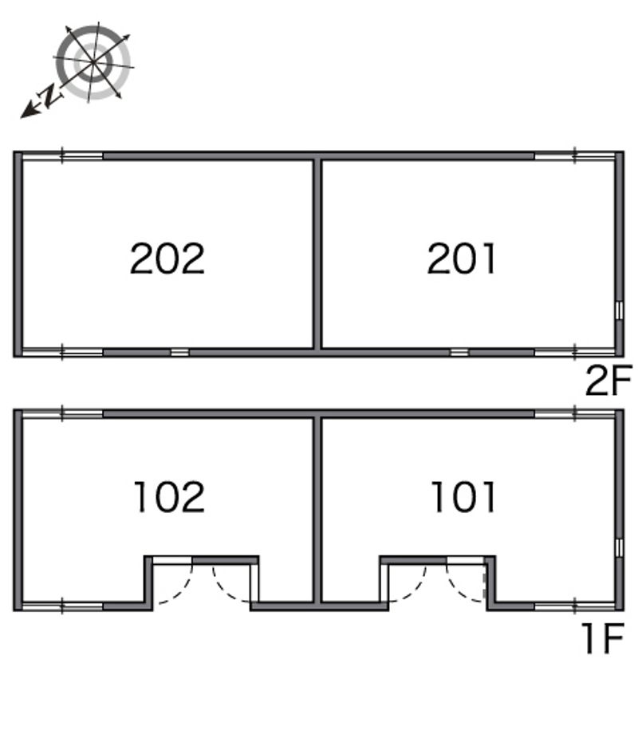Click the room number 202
click(167, 259)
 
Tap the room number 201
click(462, 259)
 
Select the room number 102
click(169, 497)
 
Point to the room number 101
click(463, 497)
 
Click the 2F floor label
click(608, 382)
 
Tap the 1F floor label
click(601, 639)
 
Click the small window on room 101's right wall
click(619, 547)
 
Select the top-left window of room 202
click(62, 156)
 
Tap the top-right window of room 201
click(575, 156)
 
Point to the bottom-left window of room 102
click(62, 606)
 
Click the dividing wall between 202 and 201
click(317, 253)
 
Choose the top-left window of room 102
click(62, 413)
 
